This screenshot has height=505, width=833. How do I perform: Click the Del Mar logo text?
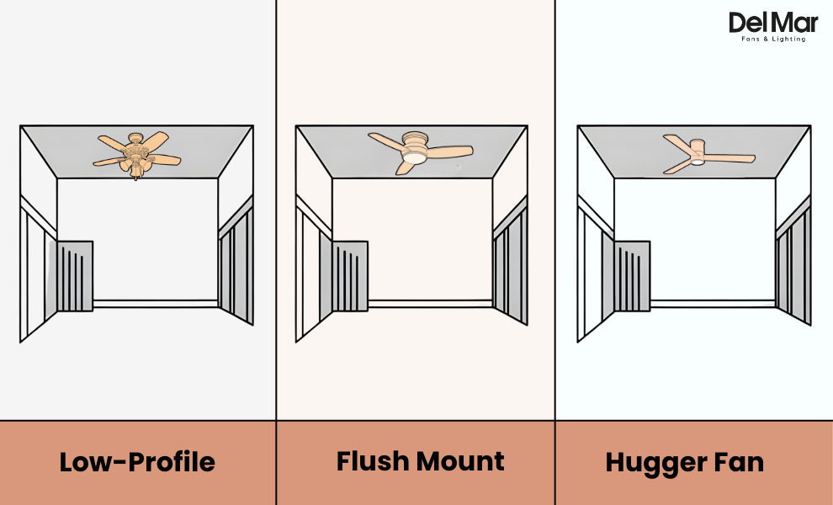(x=767, y=23)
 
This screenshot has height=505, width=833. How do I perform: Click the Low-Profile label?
(x=137, y=462)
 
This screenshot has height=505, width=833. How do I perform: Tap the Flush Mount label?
(x=420, y=461)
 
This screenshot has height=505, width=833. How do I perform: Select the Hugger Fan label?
(x=684, y=462)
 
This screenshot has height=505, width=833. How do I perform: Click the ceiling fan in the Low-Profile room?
(x=136, y=153)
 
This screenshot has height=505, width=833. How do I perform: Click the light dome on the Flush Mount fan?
(x=414, y=157)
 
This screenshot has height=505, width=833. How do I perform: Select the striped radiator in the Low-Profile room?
(x=74, y=275)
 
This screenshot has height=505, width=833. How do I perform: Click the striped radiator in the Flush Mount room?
(x=349, y=275)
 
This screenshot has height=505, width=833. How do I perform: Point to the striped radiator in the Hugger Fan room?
(x=632, y=275)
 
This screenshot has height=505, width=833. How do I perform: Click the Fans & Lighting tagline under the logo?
(x=772, y=40)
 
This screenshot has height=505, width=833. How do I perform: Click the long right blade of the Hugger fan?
(x=729, y=157)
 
